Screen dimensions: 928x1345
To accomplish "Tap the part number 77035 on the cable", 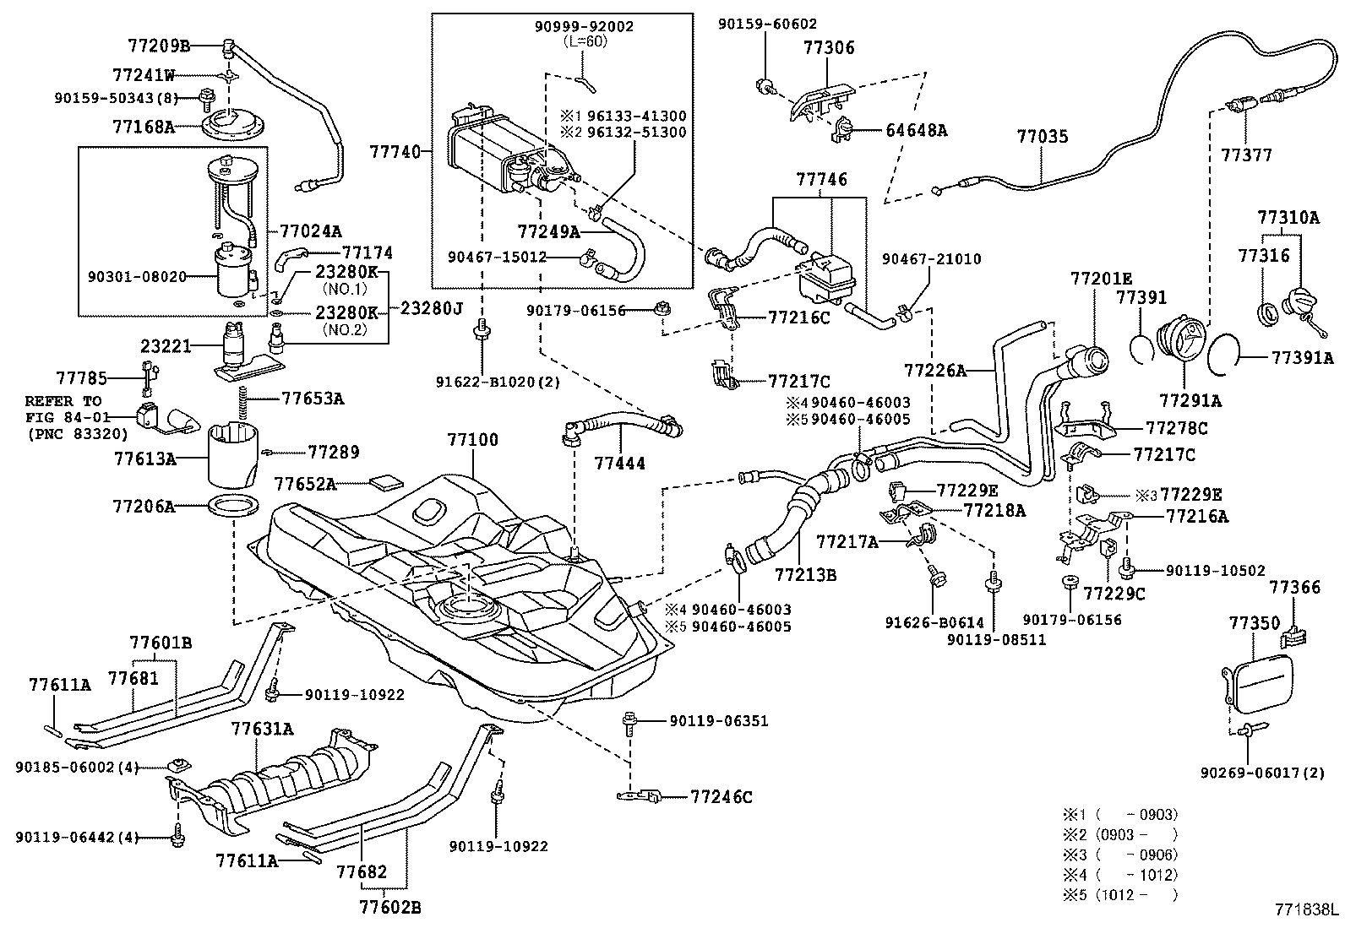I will click(x=1042, y=136).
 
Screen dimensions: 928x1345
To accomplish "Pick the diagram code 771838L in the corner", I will click(x=1307, y=910).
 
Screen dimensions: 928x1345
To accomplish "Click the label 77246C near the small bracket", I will click(x=721, y=796).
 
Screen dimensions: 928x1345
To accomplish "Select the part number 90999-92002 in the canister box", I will click(x=583, y=27).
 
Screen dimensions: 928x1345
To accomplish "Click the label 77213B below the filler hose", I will click(x=805, y=575).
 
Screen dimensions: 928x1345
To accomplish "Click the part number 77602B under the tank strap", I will click(x=389, y=908).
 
